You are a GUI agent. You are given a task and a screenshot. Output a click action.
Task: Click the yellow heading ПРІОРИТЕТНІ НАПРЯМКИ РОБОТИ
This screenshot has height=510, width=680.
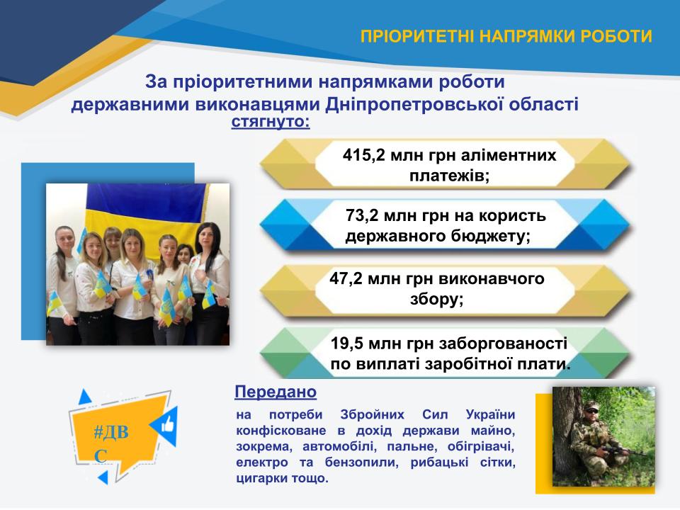pos(506,36)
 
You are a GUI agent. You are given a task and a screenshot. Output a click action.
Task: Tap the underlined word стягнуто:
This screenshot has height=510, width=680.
pos(271,122)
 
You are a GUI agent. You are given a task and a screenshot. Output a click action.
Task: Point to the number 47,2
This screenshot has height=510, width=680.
pos(346,278)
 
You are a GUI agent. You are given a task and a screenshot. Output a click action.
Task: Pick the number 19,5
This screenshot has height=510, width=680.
pos(347,344)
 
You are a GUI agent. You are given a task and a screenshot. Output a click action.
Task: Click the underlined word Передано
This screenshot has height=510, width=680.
pos(276,392)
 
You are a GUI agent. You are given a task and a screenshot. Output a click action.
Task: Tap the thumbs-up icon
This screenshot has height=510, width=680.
pos(168,424)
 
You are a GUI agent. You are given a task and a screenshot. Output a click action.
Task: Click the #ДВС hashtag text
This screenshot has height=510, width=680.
pos(111,443)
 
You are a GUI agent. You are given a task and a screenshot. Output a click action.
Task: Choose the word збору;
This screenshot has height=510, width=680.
pos(437,299)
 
